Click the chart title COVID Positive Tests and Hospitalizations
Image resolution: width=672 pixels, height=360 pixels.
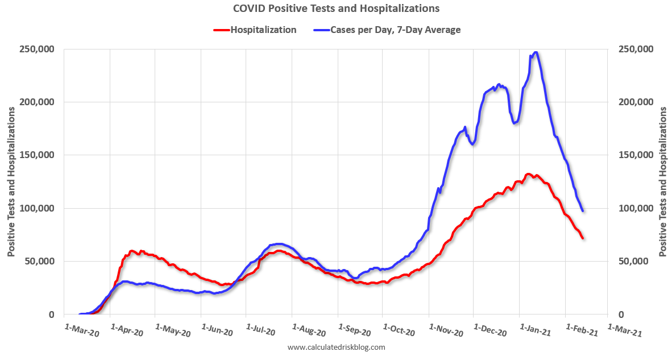336,9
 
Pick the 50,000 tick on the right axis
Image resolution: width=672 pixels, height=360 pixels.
632,262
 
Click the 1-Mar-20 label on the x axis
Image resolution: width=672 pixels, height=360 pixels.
83,330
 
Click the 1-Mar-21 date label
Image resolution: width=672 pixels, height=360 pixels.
625,330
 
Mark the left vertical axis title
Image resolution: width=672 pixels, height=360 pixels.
11,181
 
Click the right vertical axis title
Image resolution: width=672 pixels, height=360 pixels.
663,181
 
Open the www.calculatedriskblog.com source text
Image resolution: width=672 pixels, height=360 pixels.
337,347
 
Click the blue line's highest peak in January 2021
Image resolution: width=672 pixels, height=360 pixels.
534,53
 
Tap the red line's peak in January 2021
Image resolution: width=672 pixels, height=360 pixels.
529,174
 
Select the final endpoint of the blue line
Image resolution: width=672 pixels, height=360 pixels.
583,211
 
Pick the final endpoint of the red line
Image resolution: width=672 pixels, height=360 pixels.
583,238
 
